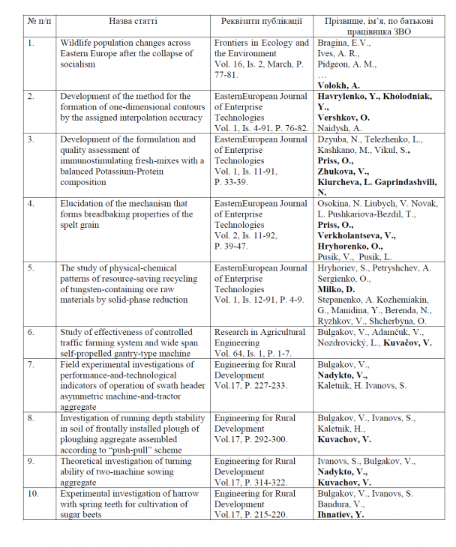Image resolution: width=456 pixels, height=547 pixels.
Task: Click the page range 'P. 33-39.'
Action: (235, 182)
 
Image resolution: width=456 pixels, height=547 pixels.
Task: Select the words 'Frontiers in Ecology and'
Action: (261, 43)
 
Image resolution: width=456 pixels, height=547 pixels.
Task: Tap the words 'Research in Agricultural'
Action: (259, 332)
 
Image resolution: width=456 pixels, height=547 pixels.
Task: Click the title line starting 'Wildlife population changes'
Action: (125, 43)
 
